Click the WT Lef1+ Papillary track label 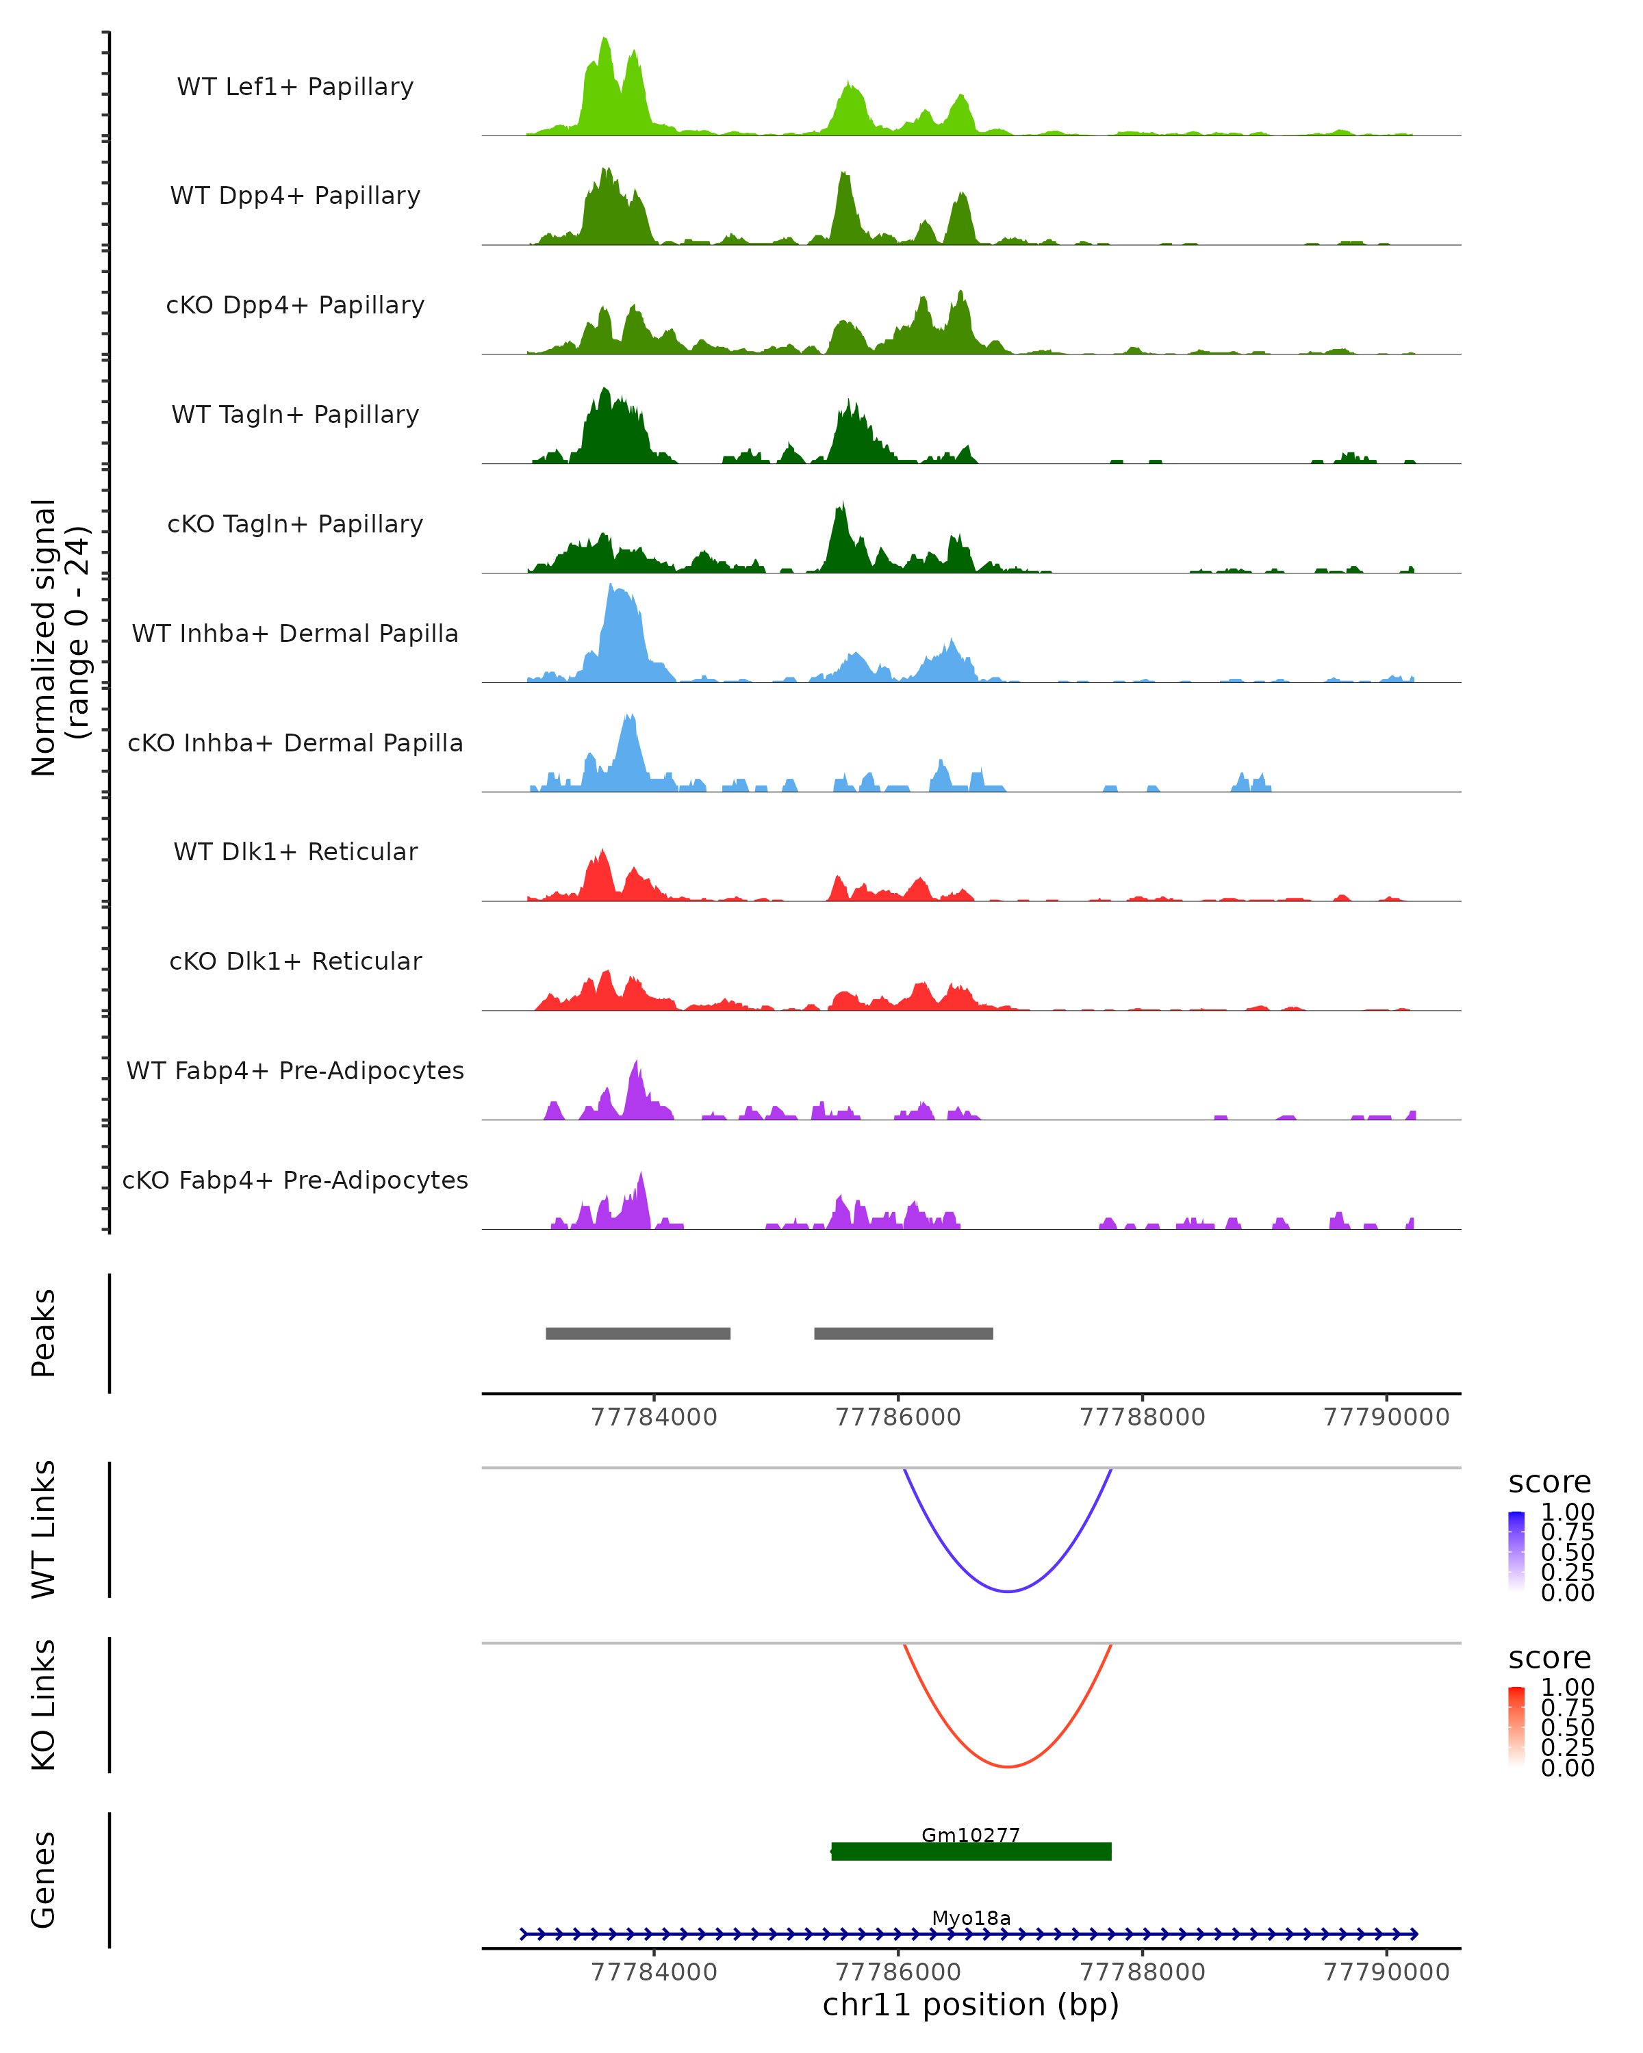coord(295,87)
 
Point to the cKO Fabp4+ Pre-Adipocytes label coord(295,1180)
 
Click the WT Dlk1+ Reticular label coord(295,851)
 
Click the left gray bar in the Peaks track coord(637,1333)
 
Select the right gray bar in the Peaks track coord(903,1333)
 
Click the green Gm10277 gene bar coord(971,1851)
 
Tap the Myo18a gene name coord(971,1918)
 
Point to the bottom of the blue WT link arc coord(1007,1590)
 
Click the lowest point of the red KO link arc coord(1007,1766)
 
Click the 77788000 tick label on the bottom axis coord(1142,1972)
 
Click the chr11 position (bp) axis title coord(971,2005)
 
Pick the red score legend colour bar coord(1516,1727)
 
